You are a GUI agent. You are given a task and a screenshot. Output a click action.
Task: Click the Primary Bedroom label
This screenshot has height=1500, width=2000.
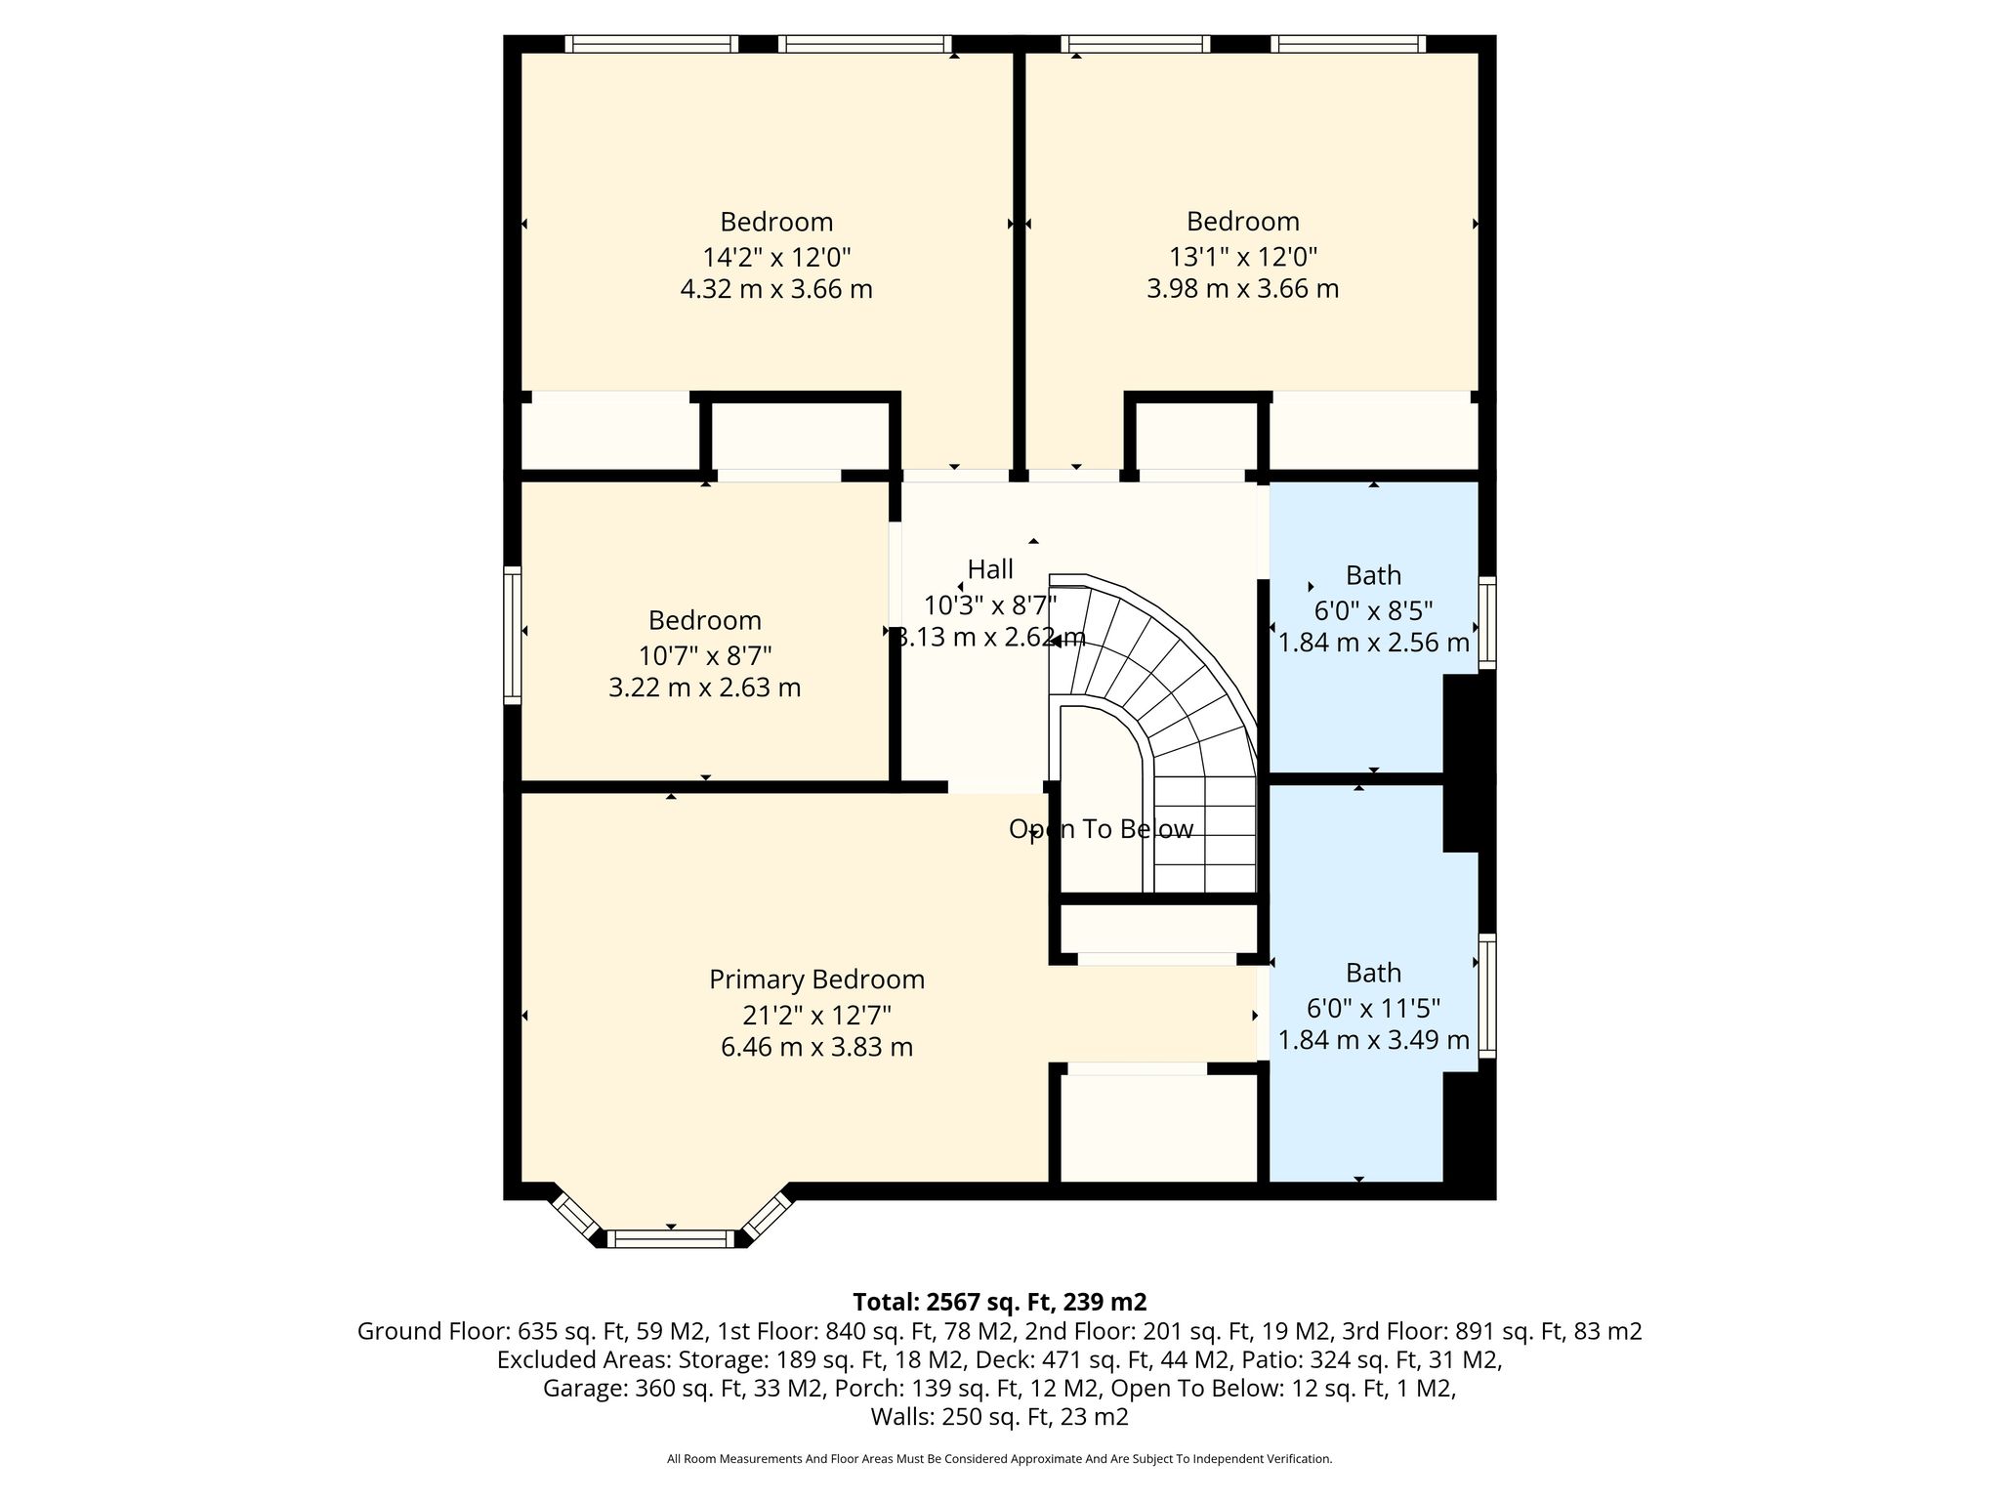[x=816, y=979]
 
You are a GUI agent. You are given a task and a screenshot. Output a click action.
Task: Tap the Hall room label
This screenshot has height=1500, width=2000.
[x=990, y=569]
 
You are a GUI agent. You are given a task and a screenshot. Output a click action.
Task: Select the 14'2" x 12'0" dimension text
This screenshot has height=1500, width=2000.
[x=776, y=258]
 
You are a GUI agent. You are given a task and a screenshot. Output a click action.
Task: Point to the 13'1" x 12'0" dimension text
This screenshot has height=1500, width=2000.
[x=1243, y=258]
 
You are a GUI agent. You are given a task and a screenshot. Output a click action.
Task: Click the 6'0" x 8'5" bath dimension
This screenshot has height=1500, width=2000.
[x=1373, y=611]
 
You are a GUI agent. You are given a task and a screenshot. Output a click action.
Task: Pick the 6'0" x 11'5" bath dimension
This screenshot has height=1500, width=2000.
[x=1373, y=1009]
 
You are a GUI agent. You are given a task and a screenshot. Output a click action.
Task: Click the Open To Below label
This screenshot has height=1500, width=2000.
[x=1101, y=829]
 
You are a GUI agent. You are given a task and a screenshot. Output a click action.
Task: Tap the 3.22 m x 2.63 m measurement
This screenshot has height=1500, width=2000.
[x=705, y=687]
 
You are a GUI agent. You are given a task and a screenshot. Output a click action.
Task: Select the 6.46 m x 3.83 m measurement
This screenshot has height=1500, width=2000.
[x=816, y=1047]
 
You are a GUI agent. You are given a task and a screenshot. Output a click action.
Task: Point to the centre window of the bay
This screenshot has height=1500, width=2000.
[x=671, y=1239]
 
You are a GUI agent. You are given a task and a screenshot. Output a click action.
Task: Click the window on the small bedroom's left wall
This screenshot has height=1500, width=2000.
[x=513, y=635]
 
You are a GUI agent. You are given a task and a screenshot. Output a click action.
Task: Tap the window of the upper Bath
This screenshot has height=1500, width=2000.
[x=1486, y=623]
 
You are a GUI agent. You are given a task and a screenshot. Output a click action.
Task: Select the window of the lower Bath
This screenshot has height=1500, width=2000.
[x=1486, y=995]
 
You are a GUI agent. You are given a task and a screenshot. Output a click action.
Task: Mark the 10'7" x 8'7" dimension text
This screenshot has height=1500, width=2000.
[x=705, y=654]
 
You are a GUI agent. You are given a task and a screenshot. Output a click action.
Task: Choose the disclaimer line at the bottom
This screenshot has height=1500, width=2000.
[x=999, y=1459]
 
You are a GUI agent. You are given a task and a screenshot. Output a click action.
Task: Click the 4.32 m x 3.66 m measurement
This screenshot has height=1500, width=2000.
[x=776, y=290]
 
